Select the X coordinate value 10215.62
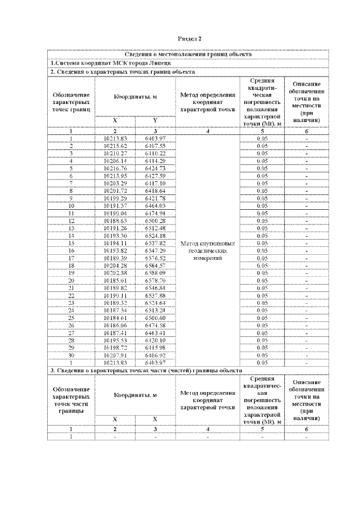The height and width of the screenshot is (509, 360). [116, 146]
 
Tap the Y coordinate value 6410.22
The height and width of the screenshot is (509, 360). [155, 153]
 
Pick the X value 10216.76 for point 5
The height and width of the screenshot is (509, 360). [116, 168]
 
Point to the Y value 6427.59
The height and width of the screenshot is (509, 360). [155, 175]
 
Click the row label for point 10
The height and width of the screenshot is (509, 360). [71, 206]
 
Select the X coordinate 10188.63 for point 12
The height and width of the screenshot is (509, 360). [116, 221]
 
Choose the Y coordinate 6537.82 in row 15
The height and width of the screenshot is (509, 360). [155, 244]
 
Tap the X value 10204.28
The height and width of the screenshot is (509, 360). [116, 265]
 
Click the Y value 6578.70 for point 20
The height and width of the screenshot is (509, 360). [155, 280]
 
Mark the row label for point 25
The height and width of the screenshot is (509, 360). [71, 318]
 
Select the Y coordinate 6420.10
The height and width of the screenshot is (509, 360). [155, 340]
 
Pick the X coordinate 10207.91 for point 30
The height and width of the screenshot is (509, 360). [116, 355]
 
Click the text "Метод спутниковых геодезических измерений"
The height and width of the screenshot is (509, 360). [208, 251]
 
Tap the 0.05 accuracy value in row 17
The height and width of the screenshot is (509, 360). [262, 258]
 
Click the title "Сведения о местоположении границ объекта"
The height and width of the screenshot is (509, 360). [188, 55]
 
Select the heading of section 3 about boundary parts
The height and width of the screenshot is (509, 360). [146, 371]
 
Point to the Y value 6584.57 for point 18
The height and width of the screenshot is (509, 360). [155, 265]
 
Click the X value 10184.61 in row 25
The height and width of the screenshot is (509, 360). [116, 318]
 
